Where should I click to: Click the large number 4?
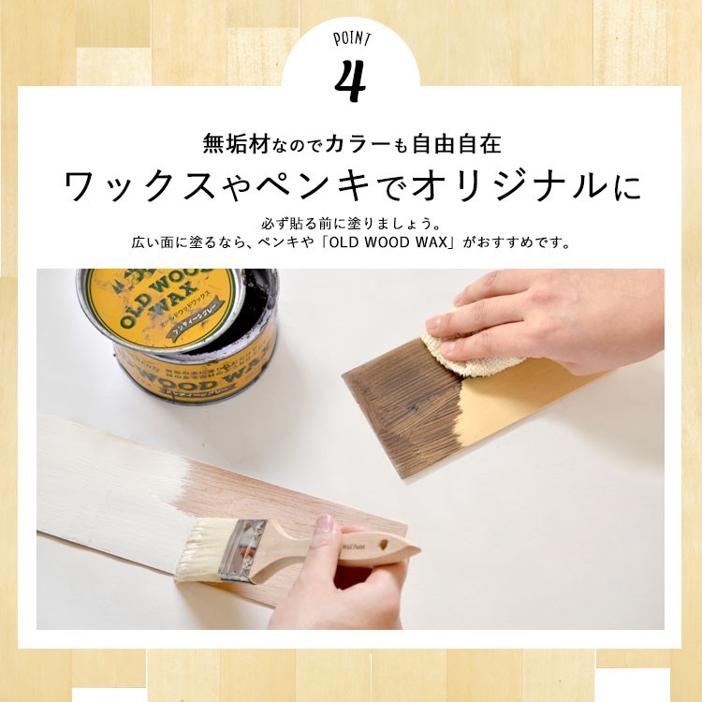tap(349, 81)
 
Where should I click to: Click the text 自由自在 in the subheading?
tap(462, 144)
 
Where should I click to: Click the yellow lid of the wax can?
tap(159, 304)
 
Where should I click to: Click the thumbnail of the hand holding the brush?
tap(325, 525)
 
